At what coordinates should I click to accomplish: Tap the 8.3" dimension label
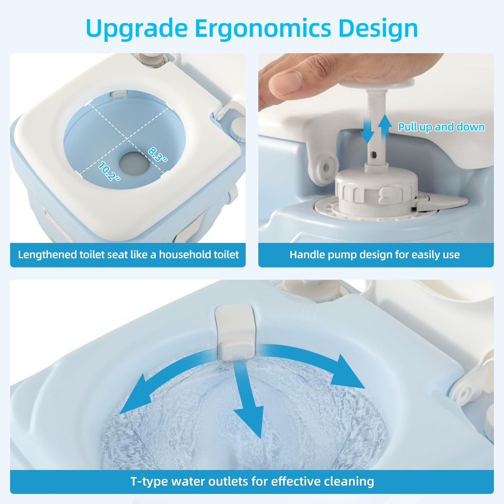tap(157, 154)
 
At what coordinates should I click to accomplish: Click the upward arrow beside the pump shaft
tap(384, 128)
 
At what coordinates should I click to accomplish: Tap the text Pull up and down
tap(441, 127)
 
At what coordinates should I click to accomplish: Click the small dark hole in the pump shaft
tap(374, 155)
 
